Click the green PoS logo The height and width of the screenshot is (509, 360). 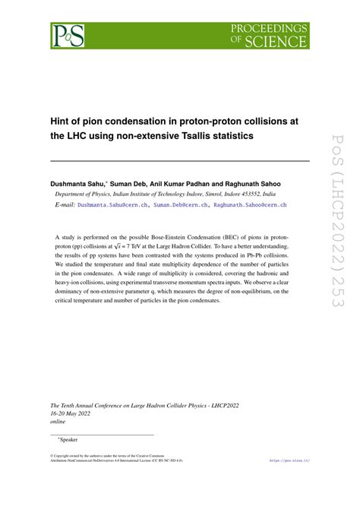[68, 35]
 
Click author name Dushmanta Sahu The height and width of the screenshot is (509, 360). [78, 184]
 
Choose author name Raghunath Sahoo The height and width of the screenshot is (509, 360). [271, 184]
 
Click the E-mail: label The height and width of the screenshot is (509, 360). [65, 205]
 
